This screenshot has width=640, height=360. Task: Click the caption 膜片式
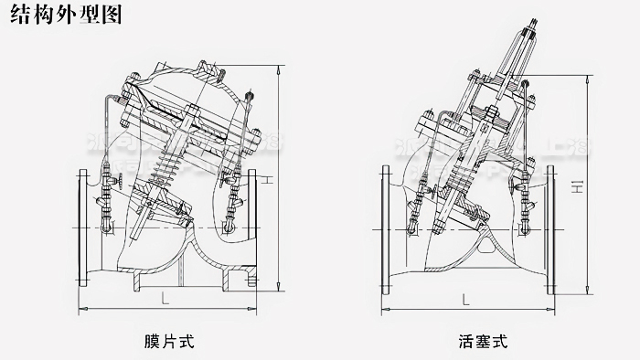point(169,343)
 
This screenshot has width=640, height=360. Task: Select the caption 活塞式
point(482,343)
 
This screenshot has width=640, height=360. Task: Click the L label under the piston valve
point(465,299)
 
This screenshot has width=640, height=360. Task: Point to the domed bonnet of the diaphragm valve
point(183,78)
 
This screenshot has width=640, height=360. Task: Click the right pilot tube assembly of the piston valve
point(528,196)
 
